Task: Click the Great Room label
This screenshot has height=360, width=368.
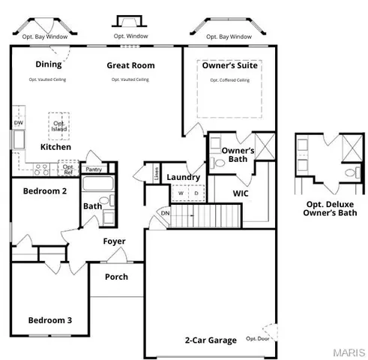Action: click(130, 65)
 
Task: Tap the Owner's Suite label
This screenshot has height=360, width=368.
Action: click(230, 65)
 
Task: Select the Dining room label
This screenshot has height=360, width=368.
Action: click(49, 64)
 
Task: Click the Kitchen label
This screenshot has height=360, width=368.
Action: click(55, 147)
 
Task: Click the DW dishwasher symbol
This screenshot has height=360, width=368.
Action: click(19, 122)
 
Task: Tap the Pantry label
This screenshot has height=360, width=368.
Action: click(94, 169)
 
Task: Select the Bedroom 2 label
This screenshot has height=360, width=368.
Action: click(45, 191)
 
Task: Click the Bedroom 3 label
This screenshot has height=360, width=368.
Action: click(50, 320)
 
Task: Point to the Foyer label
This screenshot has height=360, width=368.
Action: click(115, 241)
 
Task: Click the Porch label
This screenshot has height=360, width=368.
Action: click(116, 277)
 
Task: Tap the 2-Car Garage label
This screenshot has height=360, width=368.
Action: click(211, 340)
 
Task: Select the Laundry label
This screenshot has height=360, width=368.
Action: click(183, 177)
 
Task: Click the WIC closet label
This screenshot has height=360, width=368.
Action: click(241, 193)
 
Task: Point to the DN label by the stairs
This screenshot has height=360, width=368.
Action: click(166, 212)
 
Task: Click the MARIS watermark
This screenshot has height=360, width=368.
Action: click(350, 351)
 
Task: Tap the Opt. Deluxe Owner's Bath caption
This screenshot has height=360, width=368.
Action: click(330, 208)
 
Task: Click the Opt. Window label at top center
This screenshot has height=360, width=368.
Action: click(130, 35)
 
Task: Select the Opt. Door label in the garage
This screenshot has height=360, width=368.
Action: click(257, 338)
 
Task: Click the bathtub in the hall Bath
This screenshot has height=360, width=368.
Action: click(97, 184)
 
